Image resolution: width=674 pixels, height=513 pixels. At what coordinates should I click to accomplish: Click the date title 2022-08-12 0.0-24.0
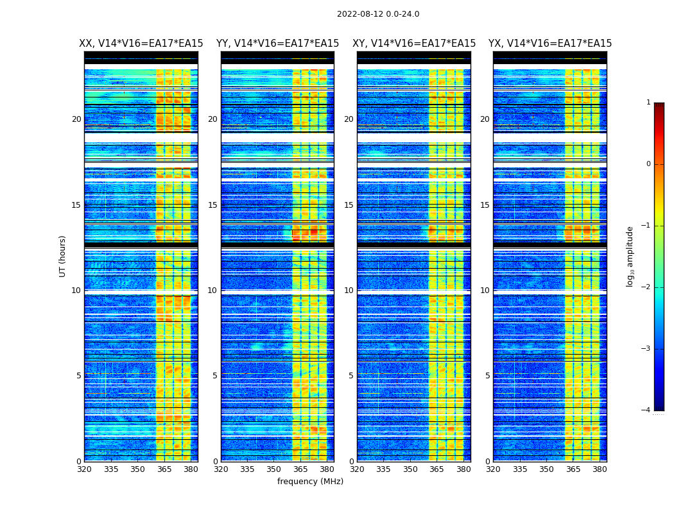point(378,14)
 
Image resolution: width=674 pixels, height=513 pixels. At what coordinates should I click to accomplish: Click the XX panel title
point(141,44)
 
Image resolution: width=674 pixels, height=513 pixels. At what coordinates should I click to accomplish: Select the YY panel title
point(277,44)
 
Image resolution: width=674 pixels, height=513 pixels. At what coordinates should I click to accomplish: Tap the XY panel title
point(414,44)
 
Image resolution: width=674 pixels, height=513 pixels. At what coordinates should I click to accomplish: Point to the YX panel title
point(550,44)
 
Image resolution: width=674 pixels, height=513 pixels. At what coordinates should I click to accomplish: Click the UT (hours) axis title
point(62,256)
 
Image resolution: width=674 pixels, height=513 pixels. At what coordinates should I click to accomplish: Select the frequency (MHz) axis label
point(310,482)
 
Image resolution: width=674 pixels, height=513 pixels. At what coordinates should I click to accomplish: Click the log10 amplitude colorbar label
point(630,256)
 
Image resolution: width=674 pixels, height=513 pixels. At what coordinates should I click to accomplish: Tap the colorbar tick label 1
point(648,103)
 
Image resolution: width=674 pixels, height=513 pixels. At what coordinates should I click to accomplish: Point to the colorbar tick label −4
point(647,410)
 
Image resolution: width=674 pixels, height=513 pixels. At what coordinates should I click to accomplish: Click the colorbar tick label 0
point(648,164)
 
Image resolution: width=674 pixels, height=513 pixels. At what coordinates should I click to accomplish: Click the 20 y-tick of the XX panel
point(76,119)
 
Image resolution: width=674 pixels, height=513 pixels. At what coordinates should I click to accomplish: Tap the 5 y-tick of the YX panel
point(488,376)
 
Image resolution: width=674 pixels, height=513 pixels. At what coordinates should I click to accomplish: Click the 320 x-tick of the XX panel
point(84,469)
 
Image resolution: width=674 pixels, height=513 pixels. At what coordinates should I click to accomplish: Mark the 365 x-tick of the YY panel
point(300,469)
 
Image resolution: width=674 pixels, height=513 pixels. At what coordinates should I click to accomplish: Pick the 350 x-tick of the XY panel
point(410,469)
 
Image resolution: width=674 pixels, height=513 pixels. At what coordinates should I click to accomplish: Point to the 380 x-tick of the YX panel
point(600,469)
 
